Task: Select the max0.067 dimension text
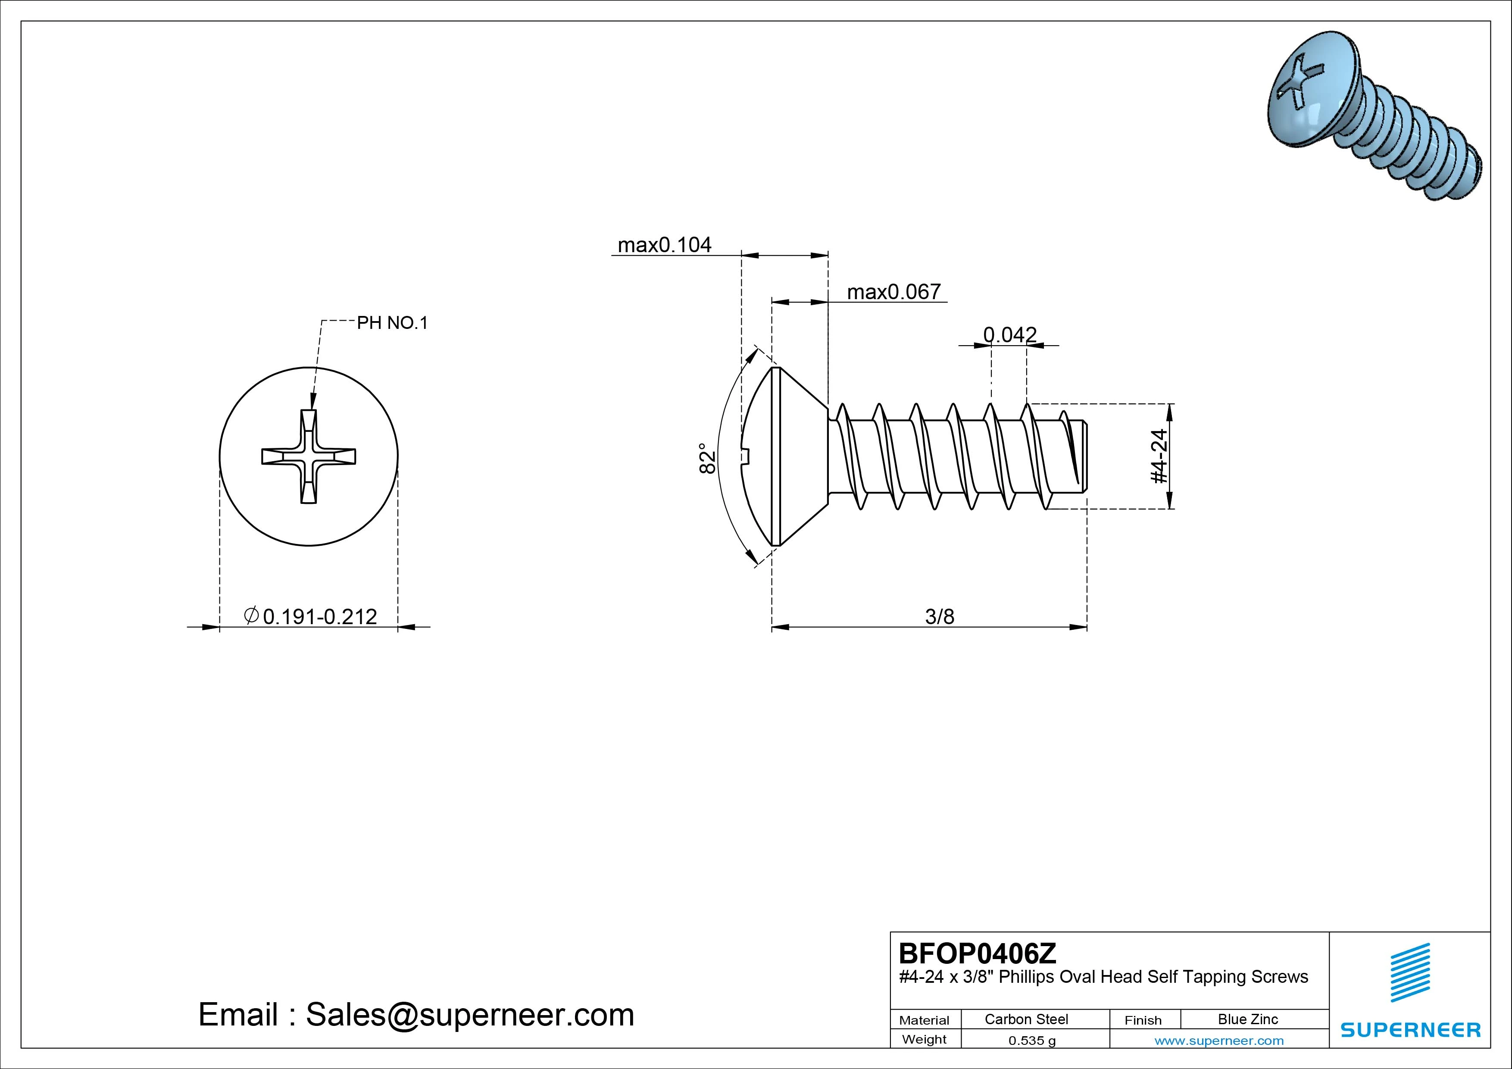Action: click(x=893, y=292)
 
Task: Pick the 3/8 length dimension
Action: click(x=939, y=616)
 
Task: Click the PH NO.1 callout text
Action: click(x=392, y=323)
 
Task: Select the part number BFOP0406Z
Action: click(x=977, y=953)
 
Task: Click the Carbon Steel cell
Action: click(x=1026, y=1019)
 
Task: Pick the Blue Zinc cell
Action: click(x=1247, y=1019)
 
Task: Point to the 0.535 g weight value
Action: click(x=1032, y=1041)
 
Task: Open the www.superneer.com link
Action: click(x=1218, y=1041)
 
